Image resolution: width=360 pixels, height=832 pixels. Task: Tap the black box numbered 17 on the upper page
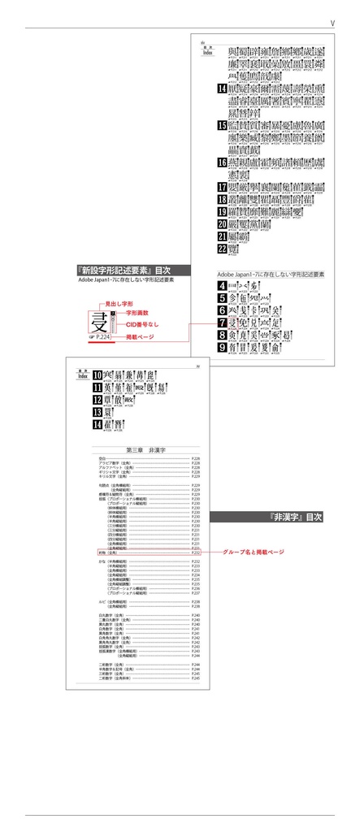pyautogui.click(x=223, y=186)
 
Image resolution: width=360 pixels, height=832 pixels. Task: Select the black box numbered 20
pyautogui.click(x=223, y=223)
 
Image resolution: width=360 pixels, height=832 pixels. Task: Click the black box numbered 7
pyautogui.click(x=222, y=323)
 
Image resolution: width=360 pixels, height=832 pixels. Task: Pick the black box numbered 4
pyautogui.click(x=222, y=286)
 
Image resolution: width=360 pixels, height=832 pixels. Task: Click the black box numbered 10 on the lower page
pyautogui.click(x=97, y=375)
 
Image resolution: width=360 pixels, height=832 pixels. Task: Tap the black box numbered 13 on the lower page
pyautogui.click(x=97, y=412)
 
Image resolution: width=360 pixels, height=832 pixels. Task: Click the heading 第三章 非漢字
pyautogui.click(x=148, y=449)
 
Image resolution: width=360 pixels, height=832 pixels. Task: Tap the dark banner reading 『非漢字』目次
pyautogui.click(x=268, y=517)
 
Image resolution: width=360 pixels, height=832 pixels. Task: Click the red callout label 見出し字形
pyautogui.click(x=119, y=302)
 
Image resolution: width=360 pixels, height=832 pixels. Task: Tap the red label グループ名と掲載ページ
pyautogui.click(x=254, y=552)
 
